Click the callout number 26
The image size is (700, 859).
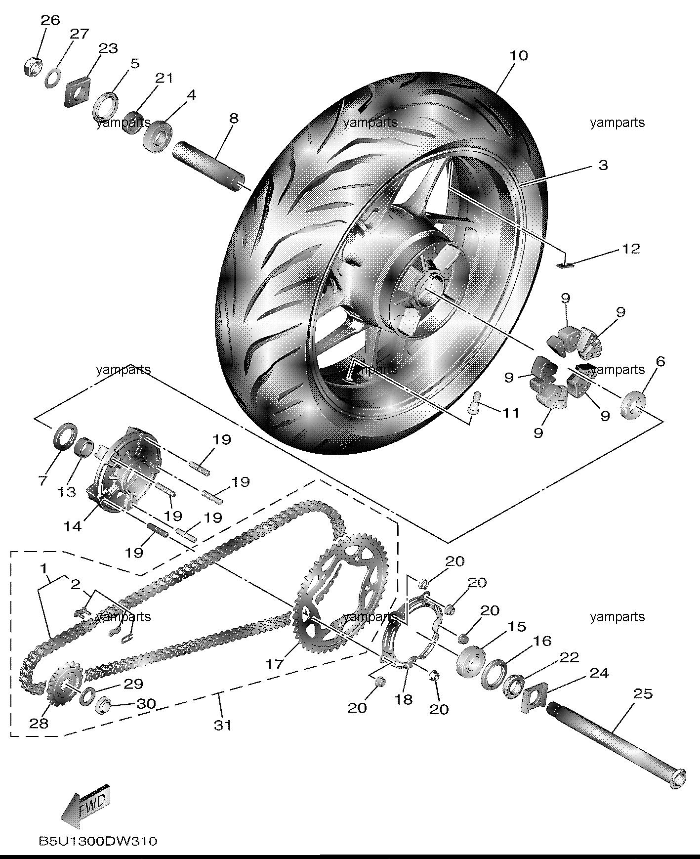(50, 20)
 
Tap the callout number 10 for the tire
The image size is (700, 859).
(519, 55)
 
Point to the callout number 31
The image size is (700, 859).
(222, 725)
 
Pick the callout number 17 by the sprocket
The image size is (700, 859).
(275, 665)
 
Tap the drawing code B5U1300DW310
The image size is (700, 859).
(98, 840)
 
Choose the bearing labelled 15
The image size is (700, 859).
(470, 659)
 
